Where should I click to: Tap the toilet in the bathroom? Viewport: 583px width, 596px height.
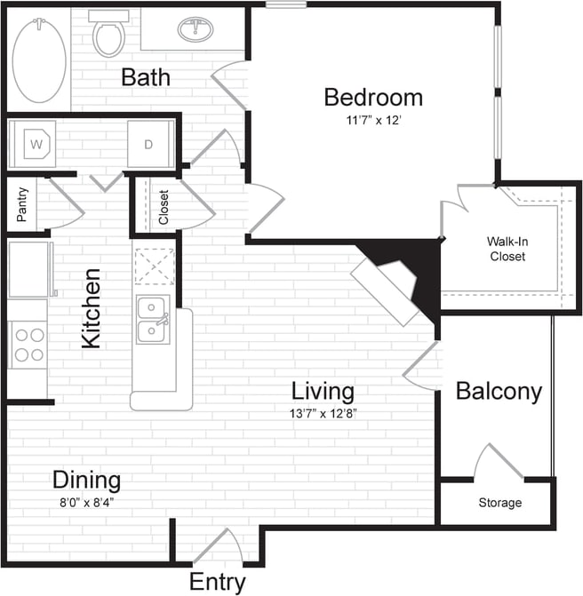108,36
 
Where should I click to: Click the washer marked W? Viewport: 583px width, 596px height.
36,143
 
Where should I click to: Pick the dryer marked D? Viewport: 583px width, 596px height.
148,143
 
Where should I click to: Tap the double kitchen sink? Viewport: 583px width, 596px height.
152,322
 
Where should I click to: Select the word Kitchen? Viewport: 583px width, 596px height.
92,308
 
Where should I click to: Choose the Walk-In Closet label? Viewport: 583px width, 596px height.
506,249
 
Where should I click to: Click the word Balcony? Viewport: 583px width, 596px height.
498,392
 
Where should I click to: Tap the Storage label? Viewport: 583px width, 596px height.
499,503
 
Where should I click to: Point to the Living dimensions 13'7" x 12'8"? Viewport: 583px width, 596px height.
324,412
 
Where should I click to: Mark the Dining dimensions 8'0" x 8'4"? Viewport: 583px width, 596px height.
86,501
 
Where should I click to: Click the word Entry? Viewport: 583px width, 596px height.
217,583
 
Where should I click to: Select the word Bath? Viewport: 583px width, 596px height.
146,77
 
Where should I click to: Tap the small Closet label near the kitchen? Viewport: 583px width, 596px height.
164,208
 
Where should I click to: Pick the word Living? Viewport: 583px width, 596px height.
323,391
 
